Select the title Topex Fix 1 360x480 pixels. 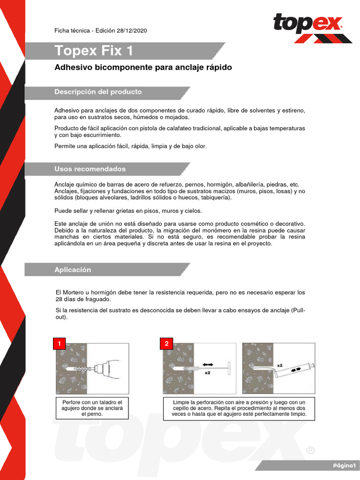tap(93, 50)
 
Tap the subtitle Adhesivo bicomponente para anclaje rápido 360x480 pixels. tap(143, 67)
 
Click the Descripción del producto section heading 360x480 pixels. tap(98, 92)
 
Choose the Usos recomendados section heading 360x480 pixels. tap(90, 169)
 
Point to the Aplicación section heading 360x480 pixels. tap(73, 270)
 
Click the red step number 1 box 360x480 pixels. tap(59, 344)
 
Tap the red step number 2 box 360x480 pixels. tap(166, 344)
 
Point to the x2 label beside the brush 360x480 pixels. tap(207, 373)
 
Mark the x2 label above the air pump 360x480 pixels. tap(280, 364)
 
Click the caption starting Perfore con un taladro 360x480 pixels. tap(92, 408)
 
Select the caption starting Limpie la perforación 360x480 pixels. tap(239, 408)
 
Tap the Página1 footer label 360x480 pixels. tap(345, 465)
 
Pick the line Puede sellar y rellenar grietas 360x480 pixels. tap(128, 211)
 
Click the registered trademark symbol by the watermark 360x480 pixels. tap(310, 450)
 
